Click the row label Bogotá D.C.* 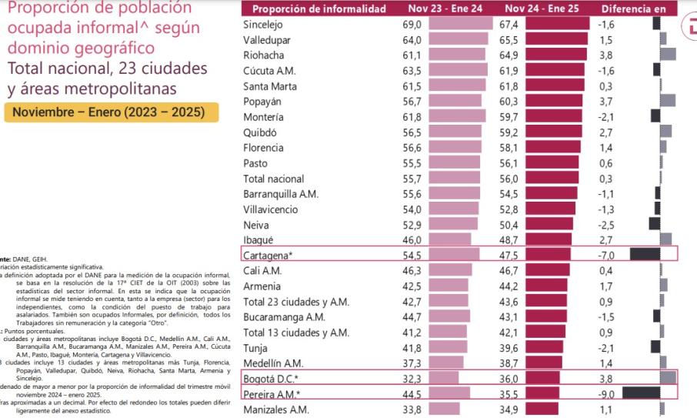pyautogui.click(x=271, y=378)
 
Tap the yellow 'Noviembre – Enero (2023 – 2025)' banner pyautogui.click(x=111, y=112)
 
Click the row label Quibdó pyautogui.click(x=260, y=132)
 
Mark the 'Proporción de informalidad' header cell pyautogui.click(x=319, y=8)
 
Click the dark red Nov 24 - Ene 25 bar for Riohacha pyautogui.click(x=558, y=55)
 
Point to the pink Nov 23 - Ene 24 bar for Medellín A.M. pyautogui.click(x=446, y=363)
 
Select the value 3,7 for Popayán pyautogui.click(x=606, y=102)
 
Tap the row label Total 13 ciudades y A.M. pyautogui.click(x=295, y=332)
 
